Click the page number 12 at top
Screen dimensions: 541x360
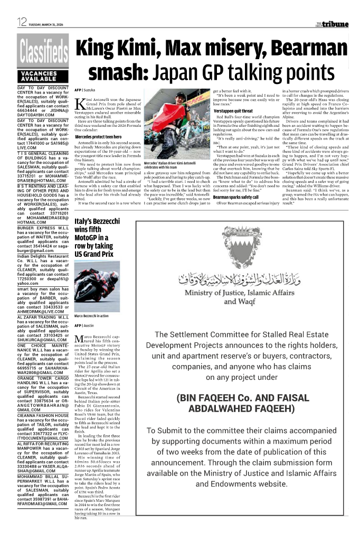[x=22, y=22]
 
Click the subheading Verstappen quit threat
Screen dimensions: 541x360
[x=234, y=111]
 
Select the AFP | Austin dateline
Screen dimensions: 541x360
[x=84, y=325]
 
